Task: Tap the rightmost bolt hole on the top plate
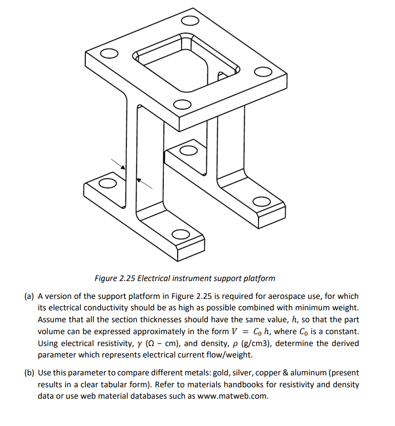(x=262, y=71)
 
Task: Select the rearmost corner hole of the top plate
(x=189, y=21)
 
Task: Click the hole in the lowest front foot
(x=181, y=233)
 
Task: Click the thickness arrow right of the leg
(x=144, y=183)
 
